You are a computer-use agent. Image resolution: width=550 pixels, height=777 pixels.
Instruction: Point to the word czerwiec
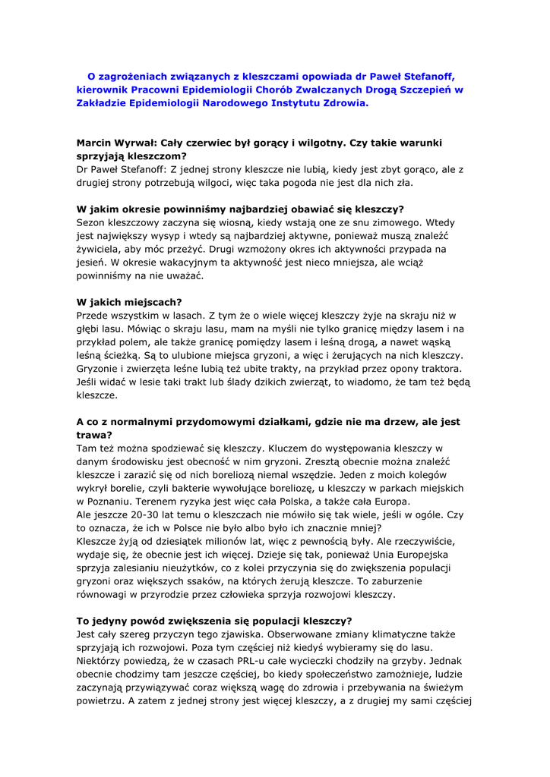coord(219,143)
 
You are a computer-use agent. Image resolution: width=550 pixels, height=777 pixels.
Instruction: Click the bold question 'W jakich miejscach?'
coord(129,302)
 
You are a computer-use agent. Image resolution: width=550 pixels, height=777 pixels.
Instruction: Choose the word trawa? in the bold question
coord(94,435)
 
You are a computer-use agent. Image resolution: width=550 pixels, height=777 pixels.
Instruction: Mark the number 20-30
coord(144,514)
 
